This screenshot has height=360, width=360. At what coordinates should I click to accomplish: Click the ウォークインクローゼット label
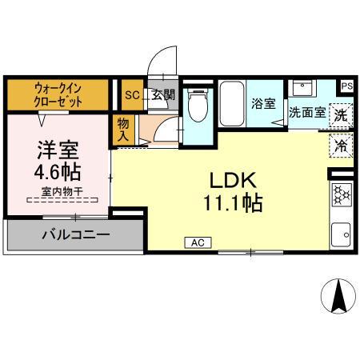tap(58, 94)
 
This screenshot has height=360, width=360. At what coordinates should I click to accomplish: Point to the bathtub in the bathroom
tap(231, 104)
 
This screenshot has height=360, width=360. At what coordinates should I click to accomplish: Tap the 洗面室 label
tap(306, 113)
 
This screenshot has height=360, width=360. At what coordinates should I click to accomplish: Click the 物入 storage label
tap(123, 130)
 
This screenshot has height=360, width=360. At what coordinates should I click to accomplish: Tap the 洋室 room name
tap(57, 150)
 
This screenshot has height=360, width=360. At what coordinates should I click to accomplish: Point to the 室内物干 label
tap(58, 192)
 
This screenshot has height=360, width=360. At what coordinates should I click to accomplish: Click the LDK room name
tap(232, 180)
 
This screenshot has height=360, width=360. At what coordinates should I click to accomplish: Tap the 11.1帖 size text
tap(232, 202)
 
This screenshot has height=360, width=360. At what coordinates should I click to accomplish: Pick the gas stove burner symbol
tap(342, 195)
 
